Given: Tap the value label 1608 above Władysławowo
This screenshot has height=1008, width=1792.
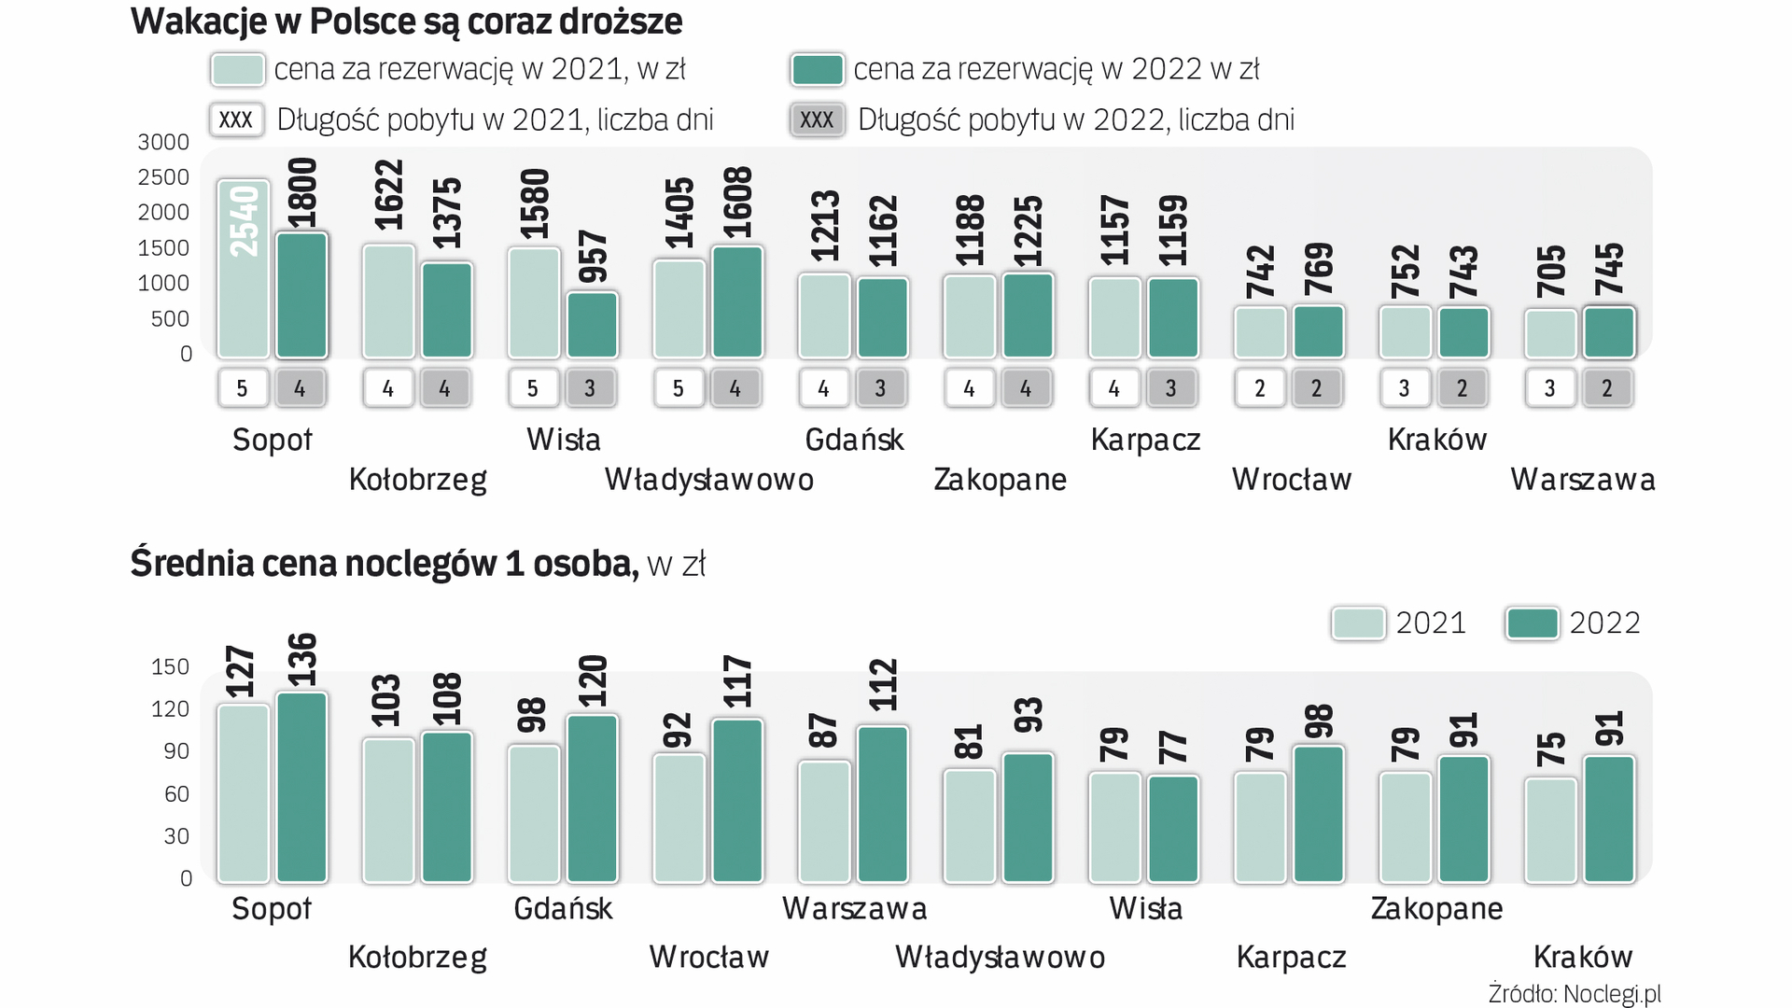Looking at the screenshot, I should pos(737,204).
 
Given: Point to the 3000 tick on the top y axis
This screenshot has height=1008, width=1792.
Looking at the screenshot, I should pos(163,142).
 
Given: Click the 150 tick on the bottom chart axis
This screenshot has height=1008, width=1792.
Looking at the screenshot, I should pos(170,666).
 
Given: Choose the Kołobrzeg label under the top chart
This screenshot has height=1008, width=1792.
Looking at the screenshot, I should pos(417,480).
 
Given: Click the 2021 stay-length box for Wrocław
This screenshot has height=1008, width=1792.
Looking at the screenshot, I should pos(1260,388).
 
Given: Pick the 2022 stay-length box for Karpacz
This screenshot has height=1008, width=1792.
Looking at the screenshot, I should pos(1170,388).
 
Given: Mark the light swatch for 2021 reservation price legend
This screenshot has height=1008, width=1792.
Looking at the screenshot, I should pos(237,70).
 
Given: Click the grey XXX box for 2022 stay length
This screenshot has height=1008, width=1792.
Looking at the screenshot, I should pos(817,120).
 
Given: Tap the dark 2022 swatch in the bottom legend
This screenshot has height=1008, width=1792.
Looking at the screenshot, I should pos(1532,623).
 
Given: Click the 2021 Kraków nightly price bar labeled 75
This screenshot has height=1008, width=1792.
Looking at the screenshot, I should pos(1550,830).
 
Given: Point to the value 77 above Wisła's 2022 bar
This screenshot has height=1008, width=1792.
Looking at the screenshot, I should pos(1173,748).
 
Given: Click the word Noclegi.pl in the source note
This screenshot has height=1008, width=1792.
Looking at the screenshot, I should pos(1612,994).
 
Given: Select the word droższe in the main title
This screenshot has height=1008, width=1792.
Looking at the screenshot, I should pos(621,21).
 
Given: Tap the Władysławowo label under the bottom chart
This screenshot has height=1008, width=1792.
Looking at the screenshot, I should pos(1000,958).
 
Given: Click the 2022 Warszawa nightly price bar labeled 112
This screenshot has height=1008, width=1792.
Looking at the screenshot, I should pos(883,804).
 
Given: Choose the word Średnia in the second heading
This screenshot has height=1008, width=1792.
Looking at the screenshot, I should pos(192,564).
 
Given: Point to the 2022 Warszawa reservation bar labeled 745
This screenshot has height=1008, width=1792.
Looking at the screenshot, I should pos(1609,332).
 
